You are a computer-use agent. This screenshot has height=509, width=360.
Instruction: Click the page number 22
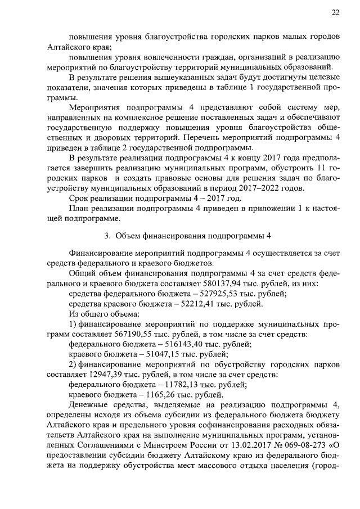tap(335, 12)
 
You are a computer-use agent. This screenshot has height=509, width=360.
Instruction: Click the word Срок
tap(78, 198)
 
